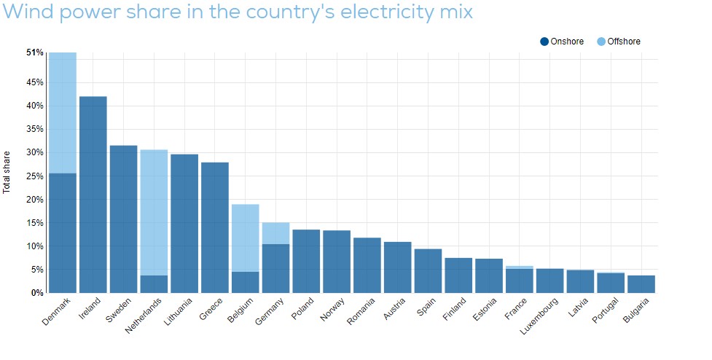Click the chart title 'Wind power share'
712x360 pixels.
[237, 12]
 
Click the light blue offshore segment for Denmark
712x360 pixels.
[63, 113]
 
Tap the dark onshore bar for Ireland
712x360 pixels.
[93, 194]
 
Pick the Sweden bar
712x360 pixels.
[123, 219]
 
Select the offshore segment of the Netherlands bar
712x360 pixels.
[154, 212]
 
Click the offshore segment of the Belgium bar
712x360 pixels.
[246, 238]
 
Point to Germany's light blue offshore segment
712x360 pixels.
[275, 233]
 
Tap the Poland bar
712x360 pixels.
[306, 261]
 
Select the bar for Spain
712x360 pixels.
[428, 270]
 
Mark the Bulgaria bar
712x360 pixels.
[641, 283]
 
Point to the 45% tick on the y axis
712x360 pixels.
[35, 82]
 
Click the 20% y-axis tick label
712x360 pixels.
[35, 200]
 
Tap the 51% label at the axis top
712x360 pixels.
[35, 52]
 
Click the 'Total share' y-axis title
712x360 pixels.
[7, 172]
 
